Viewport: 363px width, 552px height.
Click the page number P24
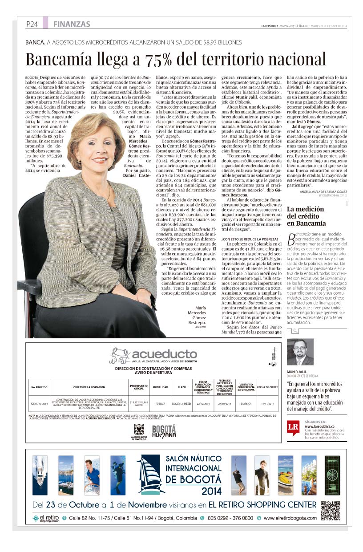click(32, 24)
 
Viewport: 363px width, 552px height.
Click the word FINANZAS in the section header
click(71, 24)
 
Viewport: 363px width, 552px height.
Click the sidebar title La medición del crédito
click(306, 216)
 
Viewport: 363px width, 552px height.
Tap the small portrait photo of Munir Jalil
click(300, 352)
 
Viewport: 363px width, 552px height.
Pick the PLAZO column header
click(181, 387)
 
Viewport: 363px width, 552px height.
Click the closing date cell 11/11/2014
click(268, 404)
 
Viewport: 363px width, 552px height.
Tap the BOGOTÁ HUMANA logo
click(164, 431)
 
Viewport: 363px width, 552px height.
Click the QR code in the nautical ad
click(330, 510)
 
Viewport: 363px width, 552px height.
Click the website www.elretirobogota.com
click(290, 518)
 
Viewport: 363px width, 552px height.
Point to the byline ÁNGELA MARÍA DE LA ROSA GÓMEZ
click(317, 191)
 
